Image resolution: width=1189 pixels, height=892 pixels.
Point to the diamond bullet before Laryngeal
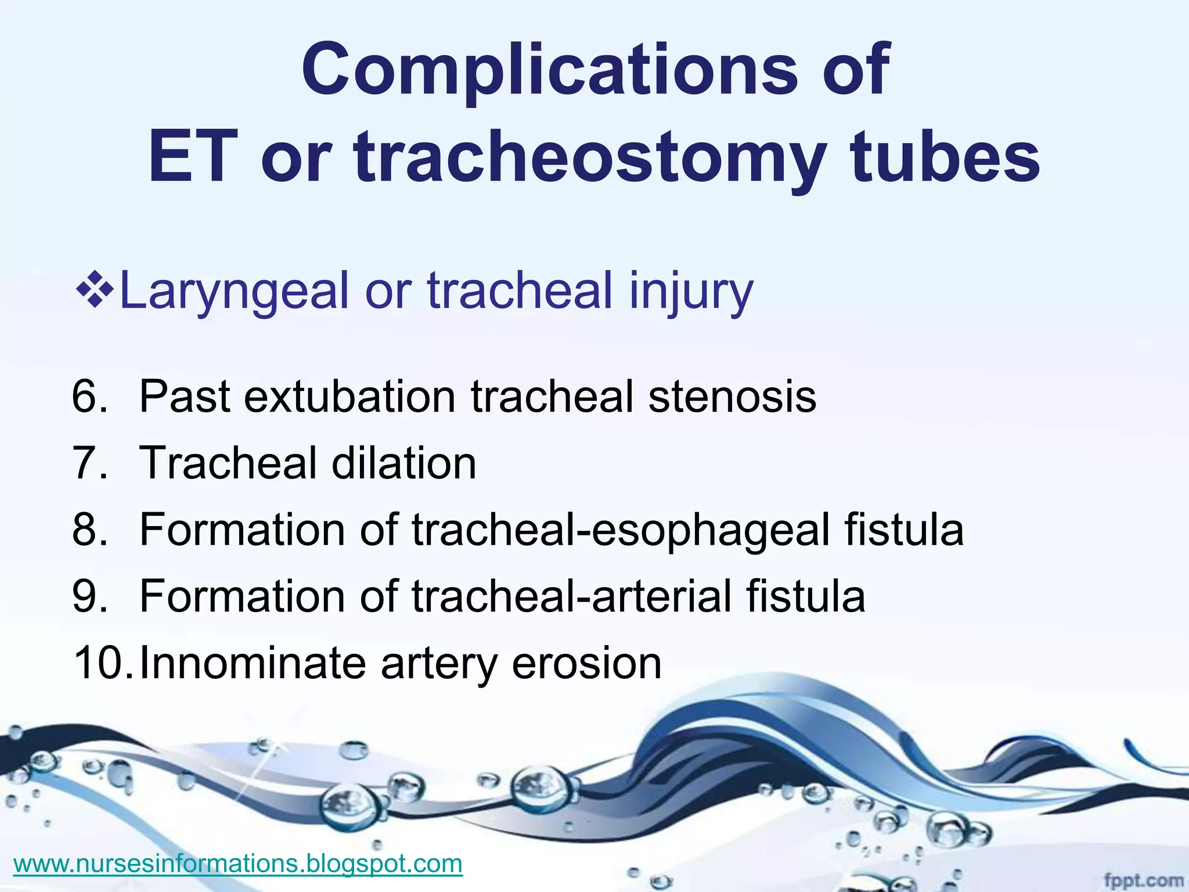click(x=94, y=288)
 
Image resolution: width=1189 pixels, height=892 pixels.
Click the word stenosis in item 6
click(x=732, y=397)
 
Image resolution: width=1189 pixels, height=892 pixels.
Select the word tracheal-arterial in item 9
click(x=571, y=596)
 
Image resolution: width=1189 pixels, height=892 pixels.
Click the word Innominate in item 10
click(x=253, y=663)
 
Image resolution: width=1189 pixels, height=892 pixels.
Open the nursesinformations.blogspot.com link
click(x=237, y=864)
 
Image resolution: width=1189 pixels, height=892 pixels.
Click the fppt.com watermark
click(x=1143, y=881)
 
